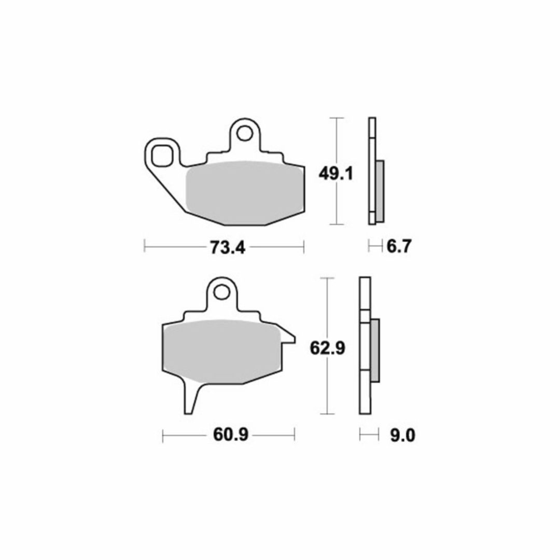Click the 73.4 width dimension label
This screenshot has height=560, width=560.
(x=228, y=247)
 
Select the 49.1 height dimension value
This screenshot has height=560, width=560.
(x=335, y=174)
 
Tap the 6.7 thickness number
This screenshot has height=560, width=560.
(x=399, y=246)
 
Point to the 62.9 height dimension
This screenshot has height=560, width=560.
(x=328, y=347)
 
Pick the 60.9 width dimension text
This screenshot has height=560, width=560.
(x=230, y=435)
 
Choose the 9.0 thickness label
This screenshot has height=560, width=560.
(x=403, y=436)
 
